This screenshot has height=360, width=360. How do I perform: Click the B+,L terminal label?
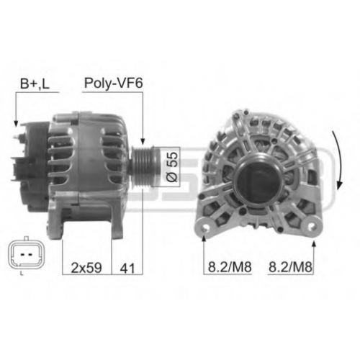[x=35, y=84]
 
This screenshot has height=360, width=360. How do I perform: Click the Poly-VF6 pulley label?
[x=113, y=84]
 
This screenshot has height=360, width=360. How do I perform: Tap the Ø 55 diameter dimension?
[x=172, y=166]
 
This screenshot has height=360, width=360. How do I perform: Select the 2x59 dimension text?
[x=86, y=267]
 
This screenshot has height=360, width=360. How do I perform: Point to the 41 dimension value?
[x=127, y=267]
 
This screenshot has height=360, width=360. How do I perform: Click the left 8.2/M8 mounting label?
[x=230, y=266]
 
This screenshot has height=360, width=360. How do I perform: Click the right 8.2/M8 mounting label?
[x=290, y=266]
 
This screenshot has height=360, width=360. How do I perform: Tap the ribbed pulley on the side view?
[x=143, y=166]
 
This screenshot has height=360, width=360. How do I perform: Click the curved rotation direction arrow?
[x=339, y=161]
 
